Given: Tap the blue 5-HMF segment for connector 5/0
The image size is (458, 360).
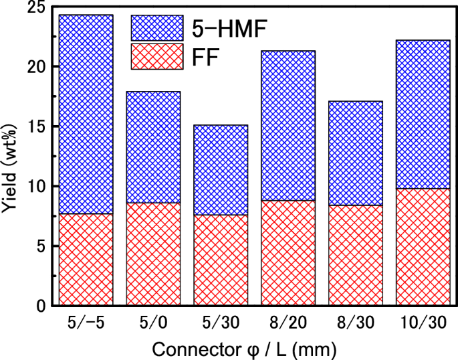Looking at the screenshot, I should pyautogui.click(x=153, y=147).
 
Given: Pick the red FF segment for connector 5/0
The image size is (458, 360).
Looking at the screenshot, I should pyautogui.click(x=153, y=254).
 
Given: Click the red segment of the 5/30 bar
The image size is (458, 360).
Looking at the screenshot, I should pyautogui.click(x=221, y=260).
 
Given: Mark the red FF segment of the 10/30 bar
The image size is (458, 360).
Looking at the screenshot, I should pyautogui.click(x=423, y=247).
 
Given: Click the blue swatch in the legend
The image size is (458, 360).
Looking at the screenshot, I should pyautogui.click(x=157, y=28).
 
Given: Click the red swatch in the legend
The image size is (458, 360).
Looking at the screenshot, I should pyautogui.click(x=157, y=56).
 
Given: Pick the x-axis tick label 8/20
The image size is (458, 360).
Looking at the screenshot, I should pyautogui.click(x=288, y=323).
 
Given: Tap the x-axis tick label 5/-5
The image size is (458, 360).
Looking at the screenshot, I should pyautogui.click(x=86, y=323).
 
